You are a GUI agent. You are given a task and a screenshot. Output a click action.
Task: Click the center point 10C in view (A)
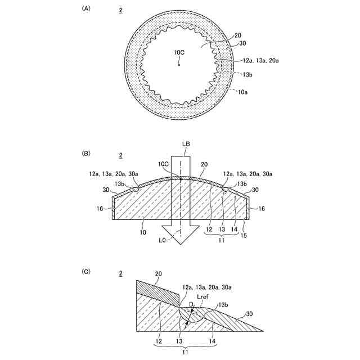coord(179,65)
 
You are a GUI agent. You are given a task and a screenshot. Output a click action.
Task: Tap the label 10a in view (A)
coord(242,92)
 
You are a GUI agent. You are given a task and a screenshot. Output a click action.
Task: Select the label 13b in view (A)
coord(247,74)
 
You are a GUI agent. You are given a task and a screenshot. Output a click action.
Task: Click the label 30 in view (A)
coord(242,43)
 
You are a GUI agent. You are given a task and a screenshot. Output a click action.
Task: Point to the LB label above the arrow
coord(186,144)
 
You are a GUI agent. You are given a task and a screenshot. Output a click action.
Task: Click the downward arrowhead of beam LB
coord(181,235)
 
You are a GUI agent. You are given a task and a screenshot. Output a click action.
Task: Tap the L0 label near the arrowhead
coord(162,240)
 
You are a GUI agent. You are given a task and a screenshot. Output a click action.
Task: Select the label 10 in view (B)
coord(143,232)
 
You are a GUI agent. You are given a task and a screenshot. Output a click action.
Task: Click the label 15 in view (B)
coord(244,236)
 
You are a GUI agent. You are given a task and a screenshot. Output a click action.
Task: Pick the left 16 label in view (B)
coord(100,209)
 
